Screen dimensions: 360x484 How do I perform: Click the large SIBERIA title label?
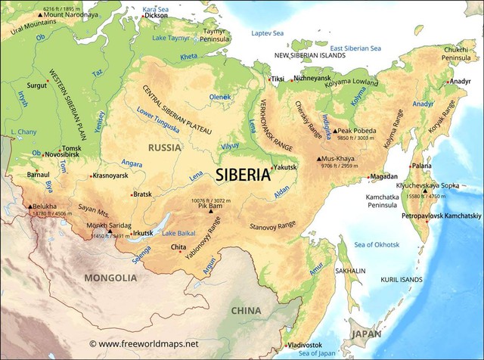[x=243, y=175]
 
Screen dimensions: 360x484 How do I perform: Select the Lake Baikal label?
[x=178, y=232]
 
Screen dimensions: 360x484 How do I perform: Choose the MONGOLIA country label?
[x=110, y=278]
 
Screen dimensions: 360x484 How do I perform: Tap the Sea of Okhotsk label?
[x=377, y=244]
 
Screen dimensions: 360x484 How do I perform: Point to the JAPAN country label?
[x=366, y=333]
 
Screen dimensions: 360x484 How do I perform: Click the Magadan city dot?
[x=368, y=176]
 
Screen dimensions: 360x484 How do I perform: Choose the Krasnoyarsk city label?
[x=110, y=175]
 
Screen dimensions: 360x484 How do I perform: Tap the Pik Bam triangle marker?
[x=211, y=213]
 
